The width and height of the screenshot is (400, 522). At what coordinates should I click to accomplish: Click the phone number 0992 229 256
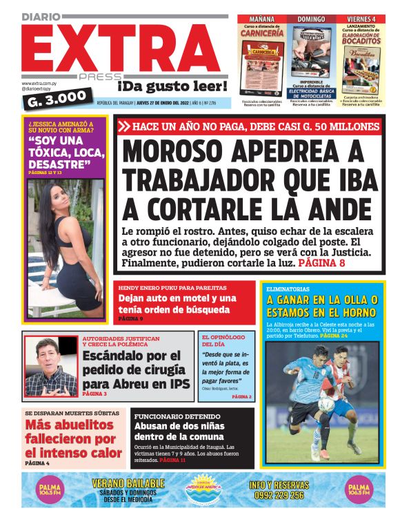277,495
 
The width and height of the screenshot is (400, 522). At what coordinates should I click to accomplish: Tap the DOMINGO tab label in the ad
310,19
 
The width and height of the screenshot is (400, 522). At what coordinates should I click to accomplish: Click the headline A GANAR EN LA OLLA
322,300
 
